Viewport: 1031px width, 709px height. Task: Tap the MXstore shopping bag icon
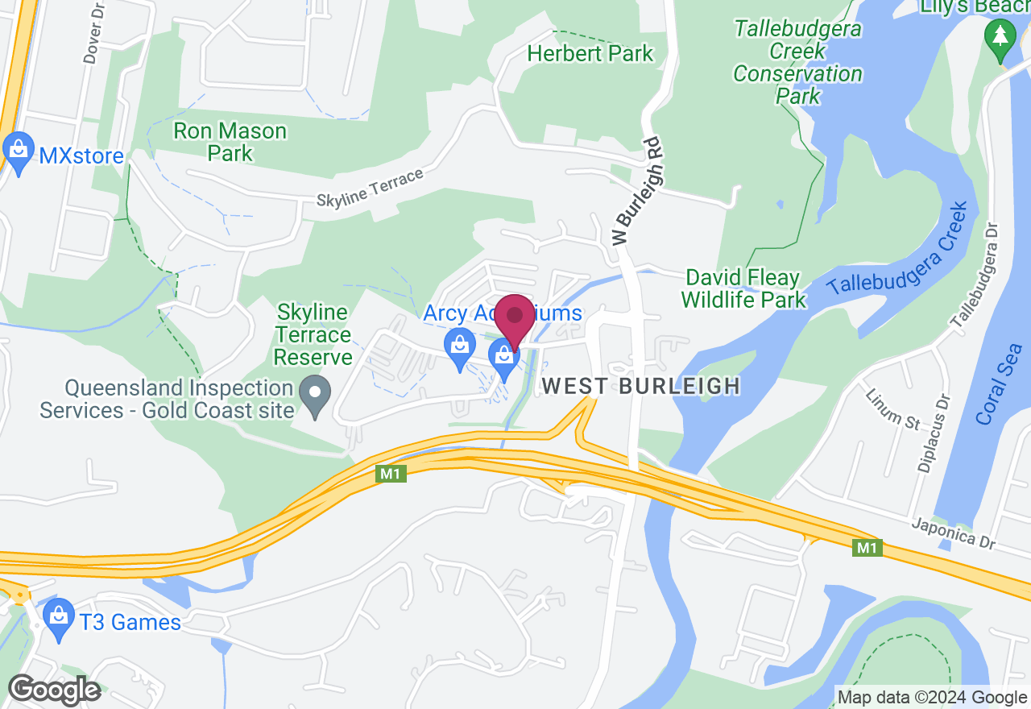[17, 150]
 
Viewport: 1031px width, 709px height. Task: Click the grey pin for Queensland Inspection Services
[315, 396]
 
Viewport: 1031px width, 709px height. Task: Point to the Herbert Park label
[590, 54]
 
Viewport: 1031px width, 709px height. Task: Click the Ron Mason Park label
[230, 142]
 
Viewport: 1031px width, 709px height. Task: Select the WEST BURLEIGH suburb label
[641, 386]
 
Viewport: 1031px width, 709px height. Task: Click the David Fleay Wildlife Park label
[743, 289]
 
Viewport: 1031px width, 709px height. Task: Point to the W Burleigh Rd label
[636, 190]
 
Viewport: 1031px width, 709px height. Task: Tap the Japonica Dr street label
[954, 534]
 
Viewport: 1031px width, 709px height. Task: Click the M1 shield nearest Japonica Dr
[867, 548]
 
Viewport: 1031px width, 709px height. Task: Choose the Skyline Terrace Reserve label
[313, 334]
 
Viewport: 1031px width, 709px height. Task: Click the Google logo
[54, 690]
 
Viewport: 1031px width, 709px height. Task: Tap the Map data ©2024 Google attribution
[932, 698]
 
